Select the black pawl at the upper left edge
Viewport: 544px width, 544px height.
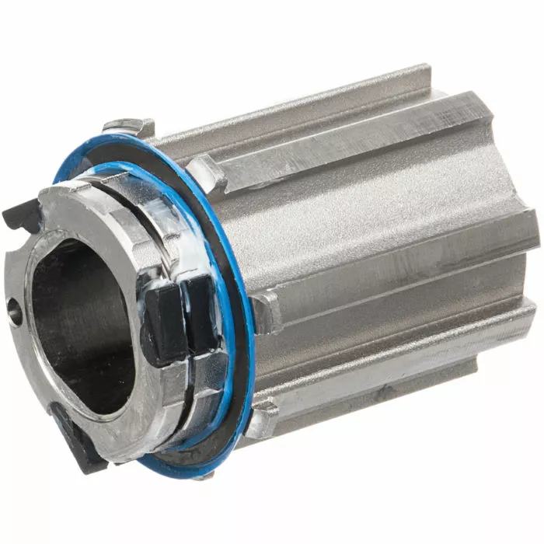coord(19,212)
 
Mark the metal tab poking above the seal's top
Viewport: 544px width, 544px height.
coord(128,124)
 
